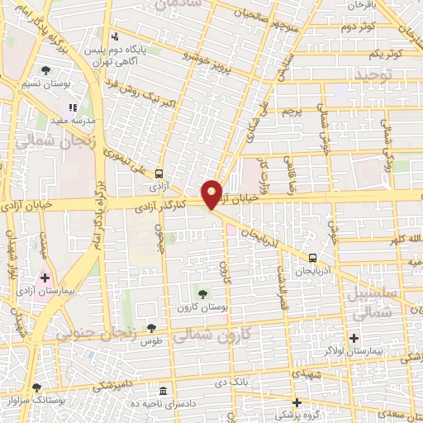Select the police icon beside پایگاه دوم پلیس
(x=115, y=37)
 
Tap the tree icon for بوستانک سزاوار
(x=36, y=387)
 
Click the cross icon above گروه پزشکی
(x=297, y=402)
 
